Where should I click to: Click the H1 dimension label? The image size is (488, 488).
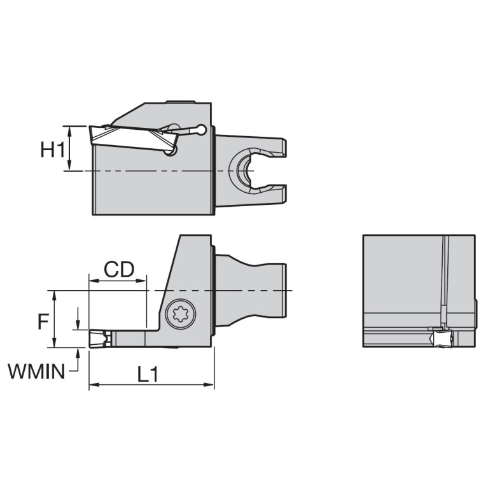53,150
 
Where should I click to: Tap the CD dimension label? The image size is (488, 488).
119,270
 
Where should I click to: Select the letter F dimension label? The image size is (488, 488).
43,321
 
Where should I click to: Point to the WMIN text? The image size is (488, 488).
36,371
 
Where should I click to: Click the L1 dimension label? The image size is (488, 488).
148,375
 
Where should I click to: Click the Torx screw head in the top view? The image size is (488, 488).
181,314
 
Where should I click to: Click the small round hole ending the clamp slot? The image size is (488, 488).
202,130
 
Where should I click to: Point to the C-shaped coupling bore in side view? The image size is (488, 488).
244,171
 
